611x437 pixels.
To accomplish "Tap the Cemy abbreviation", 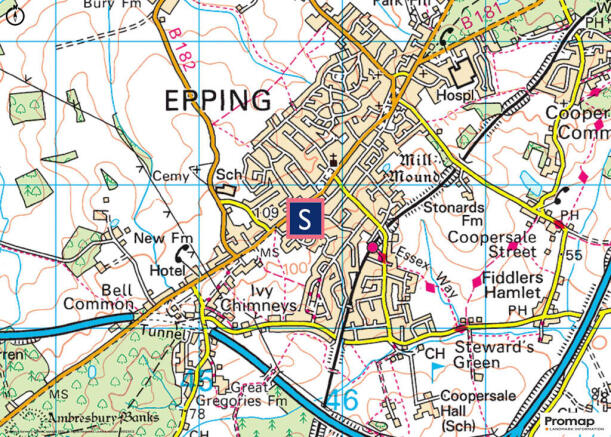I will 185,177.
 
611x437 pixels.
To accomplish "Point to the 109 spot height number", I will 265,213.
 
